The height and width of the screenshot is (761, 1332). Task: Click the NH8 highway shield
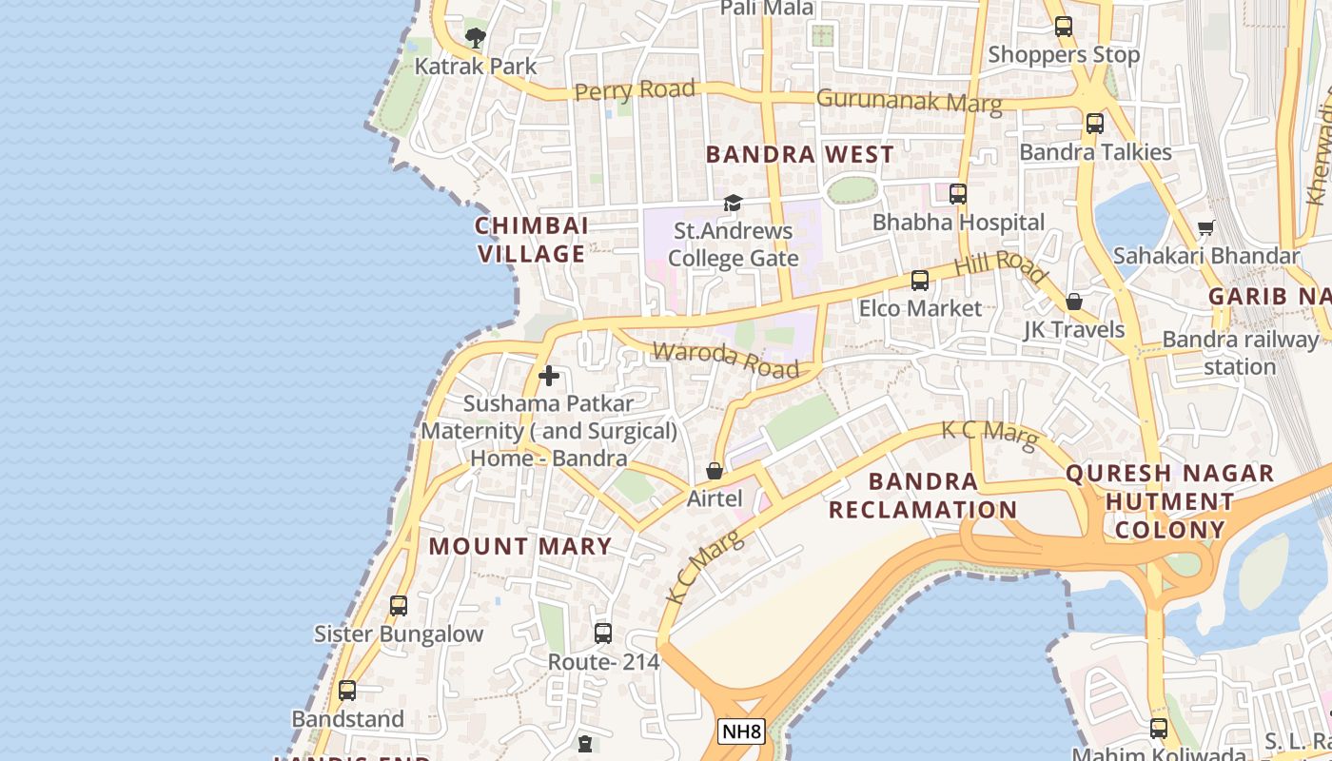[x=741, y=732]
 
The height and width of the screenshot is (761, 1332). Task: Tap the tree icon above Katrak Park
[x=475, y=38]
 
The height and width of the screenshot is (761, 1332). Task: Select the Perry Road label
[x=635, y=91]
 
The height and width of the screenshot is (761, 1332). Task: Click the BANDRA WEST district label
[x=800, y=154]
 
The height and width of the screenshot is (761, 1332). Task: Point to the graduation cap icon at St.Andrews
[x=733, y=203]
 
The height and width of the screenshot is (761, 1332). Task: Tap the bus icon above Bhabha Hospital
[x=958, y=194]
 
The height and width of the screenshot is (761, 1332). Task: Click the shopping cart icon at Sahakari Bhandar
[x=1206, y=227]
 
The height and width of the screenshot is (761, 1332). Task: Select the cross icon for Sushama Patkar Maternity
[x=549, y=376]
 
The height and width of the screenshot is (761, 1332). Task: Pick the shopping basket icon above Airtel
[x=715, y=471]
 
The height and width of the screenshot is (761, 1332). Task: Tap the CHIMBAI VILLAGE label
[x=531, y=240]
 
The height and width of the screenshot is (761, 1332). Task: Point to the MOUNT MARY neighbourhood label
[x=520, y=546]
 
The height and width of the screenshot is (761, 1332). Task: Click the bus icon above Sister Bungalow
[x=399, y=605]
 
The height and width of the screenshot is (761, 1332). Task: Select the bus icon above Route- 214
[x=603, y=633]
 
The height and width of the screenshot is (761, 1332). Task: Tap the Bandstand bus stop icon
[x=347, y=691]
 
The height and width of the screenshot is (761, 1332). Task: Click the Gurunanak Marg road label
[x=909, y=101]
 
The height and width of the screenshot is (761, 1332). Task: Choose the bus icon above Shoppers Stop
[x=1064, y=27]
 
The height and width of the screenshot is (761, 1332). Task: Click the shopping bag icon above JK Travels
[x=1074, y=302]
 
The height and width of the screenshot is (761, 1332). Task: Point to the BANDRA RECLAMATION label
[x=923, y=495]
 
